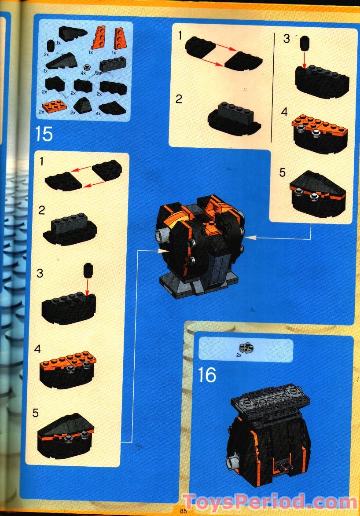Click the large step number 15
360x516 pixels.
click(x=44, y=134)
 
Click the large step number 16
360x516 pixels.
click(x=207, y=375)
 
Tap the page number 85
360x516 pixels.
click(x=184, y=511)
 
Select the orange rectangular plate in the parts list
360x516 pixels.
click(x=52, y=106)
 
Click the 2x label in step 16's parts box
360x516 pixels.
click(x=239, y=355)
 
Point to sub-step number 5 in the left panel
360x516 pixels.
click(x=36, y=413)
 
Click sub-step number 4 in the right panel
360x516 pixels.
click(x=284, y=112)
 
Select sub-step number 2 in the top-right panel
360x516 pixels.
click(x=179, y=99)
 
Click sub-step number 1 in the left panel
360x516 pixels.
click(x=41, y=161)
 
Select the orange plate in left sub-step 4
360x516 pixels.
click(x=68, y=359)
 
